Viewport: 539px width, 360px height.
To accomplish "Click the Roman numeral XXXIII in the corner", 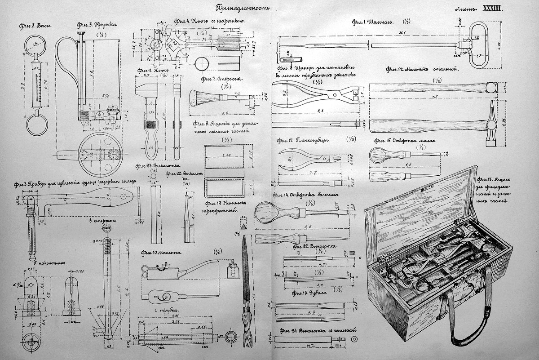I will (x=494, y=9).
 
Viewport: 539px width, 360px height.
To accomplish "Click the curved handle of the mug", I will (x=65, y=67).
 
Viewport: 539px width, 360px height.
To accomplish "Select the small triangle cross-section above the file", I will (x=244, y=223).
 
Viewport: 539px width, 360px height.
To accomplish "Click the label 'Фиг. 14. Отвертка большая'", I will (x=304, y=195).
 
